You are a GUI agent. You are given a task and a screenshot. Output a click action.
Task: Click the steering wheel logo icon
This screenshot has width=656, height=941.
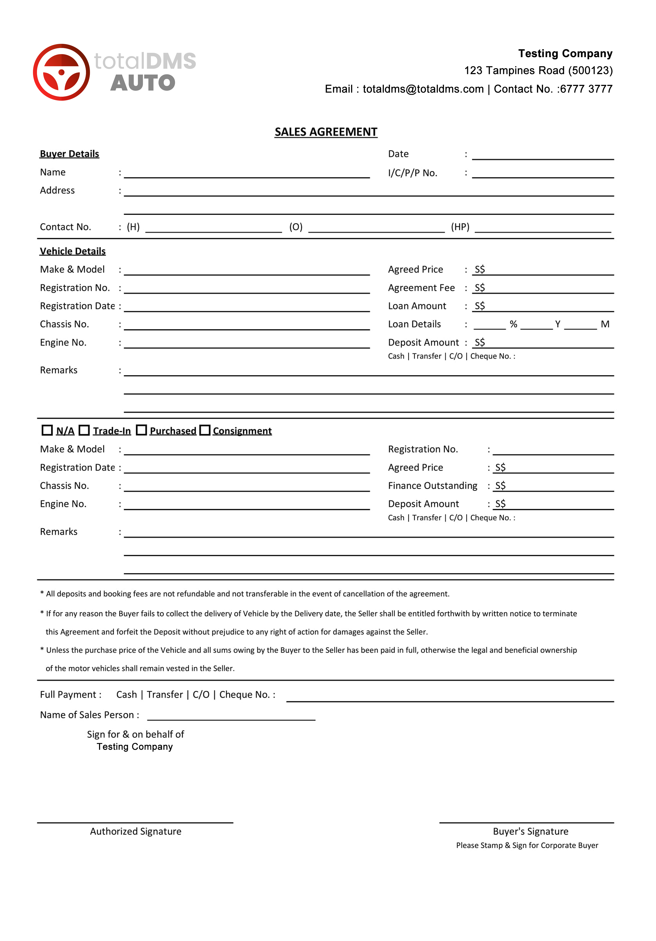[61, 72]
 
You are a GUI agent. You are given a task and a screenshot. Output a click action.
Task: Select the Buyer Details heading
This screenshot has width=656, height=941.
[69, 154]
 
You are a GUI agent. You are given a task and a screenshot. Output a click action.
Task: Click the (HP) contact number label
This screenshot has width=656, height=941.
[460, 227]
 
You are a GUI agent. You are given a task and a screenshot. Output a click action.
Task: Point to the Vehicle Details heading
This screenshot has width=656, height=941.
[73, 251]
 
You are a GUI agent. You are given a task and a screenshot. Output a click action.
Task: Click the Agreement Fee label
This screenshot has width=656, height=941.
[421, 288]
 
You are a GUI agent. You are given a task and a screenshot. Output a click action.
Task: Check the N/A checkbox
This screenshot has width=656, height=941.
[47, 430]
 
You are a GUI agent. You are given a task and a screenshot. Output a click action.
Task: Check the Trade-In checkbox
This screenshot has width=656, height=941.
[84, 430]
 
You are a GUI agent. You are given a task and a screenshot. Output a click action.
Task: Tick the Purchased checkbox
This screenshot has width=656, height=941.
[141, 430]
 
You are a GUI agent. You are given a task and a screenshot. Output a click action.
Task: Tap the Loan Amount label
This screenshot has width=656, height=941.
[417, 306]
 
